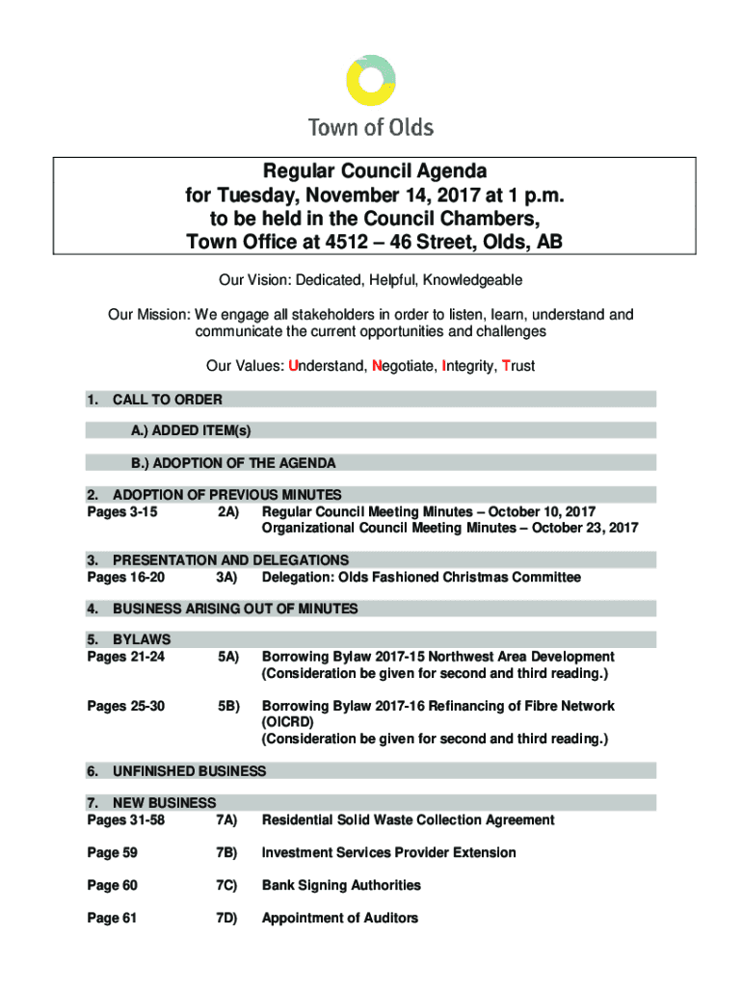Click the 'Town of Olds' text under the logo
coord(370,127)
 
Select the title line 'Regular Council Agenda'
coord(370,173)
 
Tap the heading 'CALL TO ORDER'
coord(167,400)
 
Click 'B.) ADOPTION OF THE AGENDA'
coord(234,463)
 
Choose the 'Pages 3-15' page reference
coord(121,511)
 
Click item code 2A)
coord(227,511)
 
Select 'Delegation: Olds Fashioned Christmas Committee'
coord(421,577)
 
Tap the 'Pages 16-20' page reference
coord(125,577)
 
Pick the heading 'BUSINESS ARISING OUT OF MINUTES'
coord(235,609)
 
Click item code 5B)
coord(227,706)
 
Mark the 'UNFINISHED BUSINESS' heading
coord(189,771)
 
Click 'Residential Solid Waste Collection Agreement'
coord(408,819)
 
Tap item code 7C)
coord(227,885)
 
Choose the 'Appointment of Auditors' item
coord(340,918)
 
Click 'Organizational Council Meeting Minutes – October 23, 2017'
coord(450,528)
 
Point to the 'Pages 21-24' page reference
coord(125,657)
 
